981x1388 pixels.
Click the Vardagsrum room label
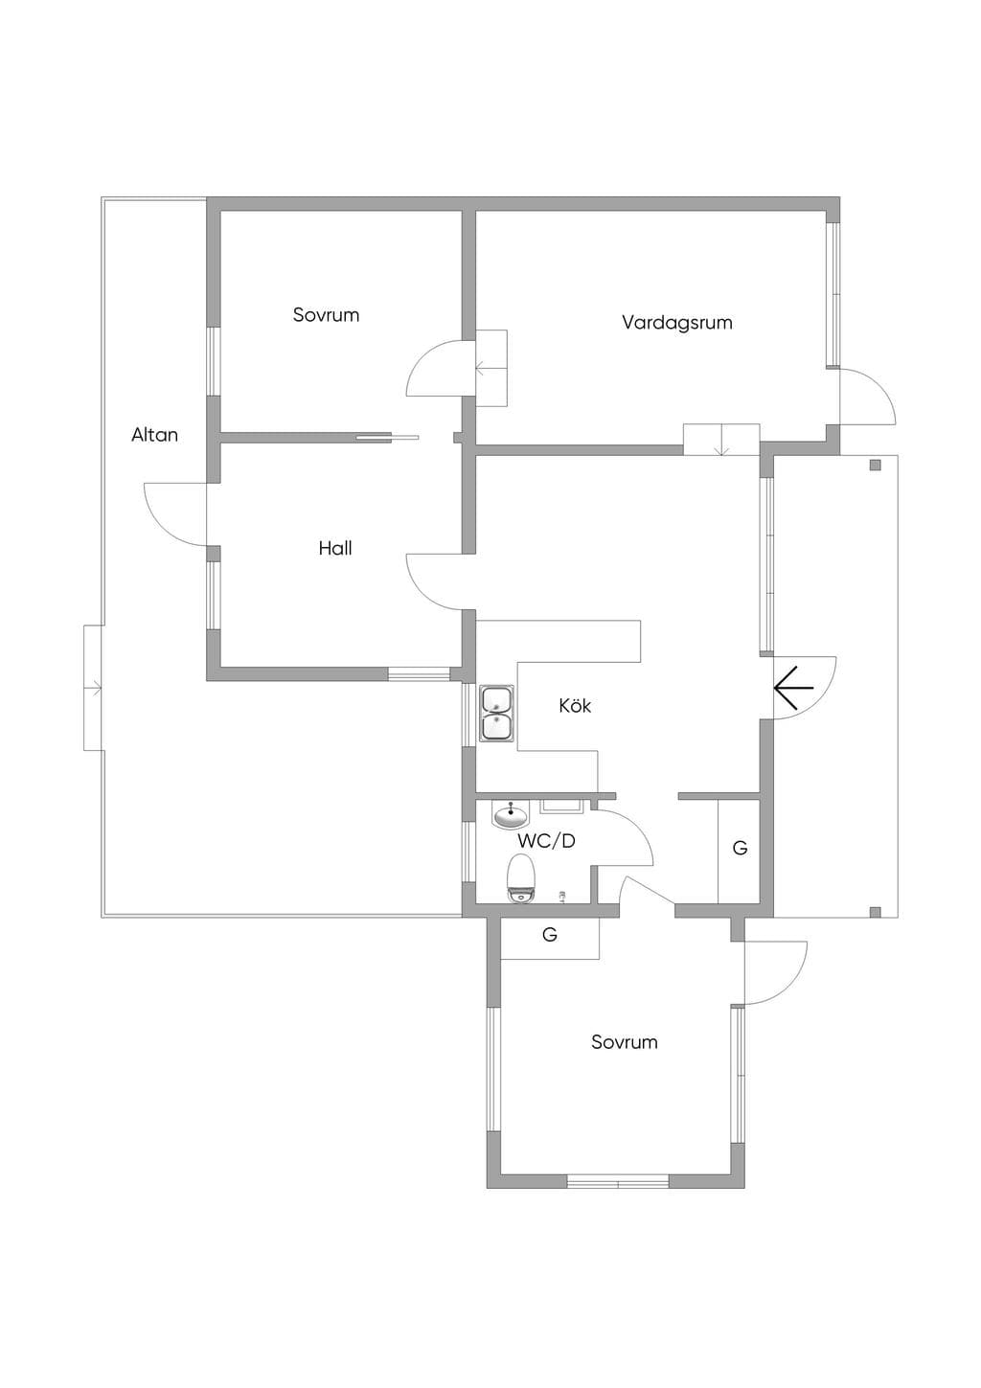pyautogui.click(x=676, y=323)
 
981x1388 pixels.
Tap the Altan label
pyautogui.click(x=154, y=435)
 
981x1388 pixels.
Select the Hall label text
pyautogui.click(x=335, y=548)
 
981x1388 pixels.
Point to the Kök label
pyautogui.click(x=575, y=705)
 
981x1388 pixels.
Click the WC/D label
pyautogui.click(x=547, y=841)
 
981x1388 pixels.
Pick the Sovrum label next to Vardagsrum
pyautogui.click(x=326, y=315)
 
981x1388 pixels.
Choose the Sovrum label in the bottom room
pyautogui.click(x=624, y=1041)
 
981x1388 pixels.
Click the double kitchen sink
pyautogui.click(x=495, y=713)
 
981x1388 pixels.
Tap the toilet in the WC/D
pyautogui.click(x=520, y=878)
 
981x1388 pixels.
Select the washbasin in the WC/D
pyautogui.click(x=511, y=814)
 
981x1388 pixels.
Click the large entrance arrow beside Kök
pyautogui.click(x=793, y=689)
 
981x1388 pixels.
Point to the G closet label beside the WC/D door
pyautogui.click(x=740, y=848)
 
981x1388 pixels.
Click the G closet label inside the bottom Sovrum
pyautogui.click(x=549, y=934)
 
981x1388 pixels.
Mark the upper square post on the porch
pyautogui.click(x=875, y=466)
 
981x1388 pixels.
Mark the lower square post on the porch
pyautogui.click(x=875, y=912)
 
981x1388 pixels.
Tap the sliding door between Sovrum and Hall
pyautogui.click(x=387, y=438)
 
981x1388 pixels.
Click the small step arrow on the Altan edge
pyautogui.click(x=93, y=687)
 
